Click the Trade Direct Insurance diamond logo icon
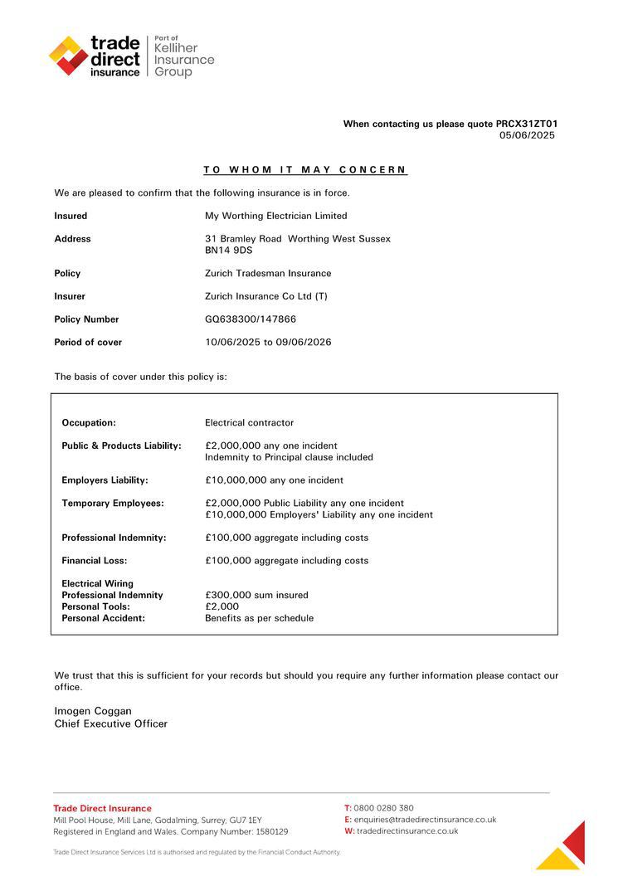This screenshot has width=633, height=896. pyautogui.click(x=68, y=56)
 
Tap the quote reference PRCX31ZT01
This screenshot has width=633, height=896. pyautogui.click(x=527, y=124)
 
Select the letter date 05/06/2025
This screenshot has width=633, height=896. pyautogui.click(x=527, y=135)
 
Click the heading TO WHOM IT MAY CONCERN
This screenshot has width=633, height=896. pyautogui.click(x=305, y=170)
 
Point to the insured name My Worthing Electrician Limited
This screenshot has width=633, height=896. pyautogui.click(x=275, y=216)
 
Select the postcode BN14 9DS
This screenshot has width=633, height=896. pyautogui.click(x=229, y=250)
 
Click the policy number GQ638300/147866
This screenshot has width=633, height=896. pyautogui.click(x=251, y=319)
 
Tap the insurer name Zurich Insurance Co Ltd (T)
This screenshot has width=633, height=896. pyautogui.click(x=265, y=296)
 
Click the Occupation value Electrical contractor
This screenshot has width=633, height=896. pyautogui.click(x=249, y=422)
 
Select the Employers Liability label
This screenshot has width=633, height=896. pyautogui.click(x=105, y=480)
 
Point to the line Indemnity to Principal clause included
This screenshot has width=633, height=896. pyautogui.click(x=289, y=457)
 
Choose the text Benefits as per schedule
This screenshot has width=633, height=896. pyautogui.click(x=259, y=618)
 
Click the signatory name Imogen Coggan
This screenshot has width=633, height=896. pyautogui.click(x=93, y=711)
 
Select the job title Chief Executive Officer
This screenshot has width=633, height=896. pyautogui.click(x=110, y=723)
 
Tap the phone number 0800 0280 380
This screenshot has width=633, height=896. pyautogui.click(x=383, y=808)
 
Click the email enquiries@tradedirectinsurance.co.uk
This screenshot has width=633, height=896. pyautogui.click(x=425, y=820)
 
